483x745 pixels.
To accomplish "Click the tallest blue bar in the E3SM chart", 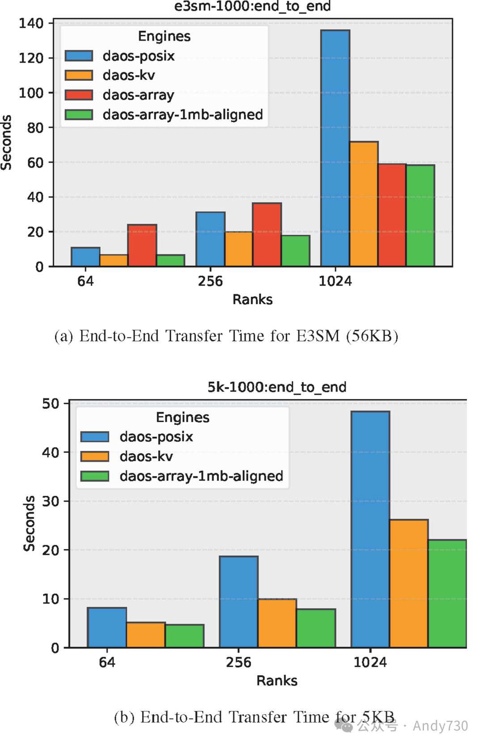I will tap(335, 148).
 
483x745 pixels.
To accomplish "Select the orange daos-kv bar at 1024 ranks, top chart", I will tap(364, 204).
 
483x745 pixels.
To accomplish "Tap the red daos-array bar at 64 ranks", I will tap(142, 246).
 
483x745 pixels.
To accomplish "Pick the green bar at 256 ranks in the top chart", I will tap(295, 251).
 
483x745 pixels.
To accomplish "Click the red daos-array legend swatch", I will tap(79, 95).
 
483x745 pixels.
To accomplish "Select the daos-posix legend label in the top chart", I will tap(138, 56).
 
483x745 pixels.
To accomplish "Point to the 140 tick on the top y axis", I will tap(31, 23).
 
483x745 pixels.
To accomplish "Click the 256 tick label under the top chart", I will tap(210, 281).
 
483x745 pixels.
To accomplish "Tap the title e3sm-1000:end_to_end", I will tap(252, 6).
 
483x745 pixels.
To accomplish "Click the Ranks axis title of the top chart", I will tap(252, 299).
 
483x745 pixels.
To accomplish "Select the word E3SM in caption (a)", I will tap(318, 335).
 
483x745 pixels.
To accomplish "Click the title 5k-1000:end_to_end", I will tap(276, 387).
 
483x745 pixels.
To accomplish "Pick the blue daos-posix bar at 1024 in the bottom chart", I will tap(370, 529).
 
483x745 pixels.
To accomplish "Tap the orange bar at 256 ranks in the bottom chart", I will tap(277, 623).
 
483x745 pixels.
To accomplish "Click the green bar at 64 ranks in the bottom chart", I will tap(184, 636).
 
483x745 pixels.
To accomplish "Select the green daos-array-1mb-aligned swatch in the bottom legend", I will tap(94, 476).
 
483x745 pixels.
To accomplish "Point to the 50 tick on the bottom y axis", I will tap(50, 404).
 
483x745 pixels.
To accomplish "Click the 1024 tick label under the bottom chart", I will tap(370, 662).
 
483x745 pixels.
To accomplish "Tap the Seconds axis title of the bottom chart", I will tap(29, 523).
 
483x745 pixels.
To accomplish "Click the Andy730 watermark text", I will tap(440, 725).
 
